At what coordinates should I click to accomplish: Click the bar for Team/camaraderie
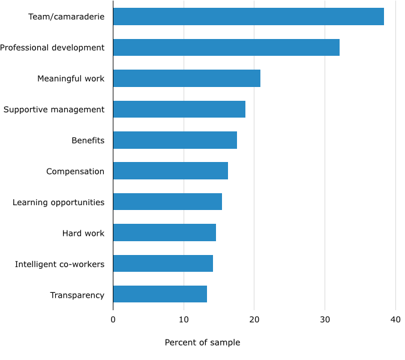coord(248,17)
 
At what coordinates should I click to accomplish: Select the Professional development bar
coord(226,47)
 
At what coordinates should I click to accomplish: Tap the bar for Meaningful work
coord(187,79)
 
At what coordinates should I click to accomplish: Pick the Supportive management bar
coord(179,109)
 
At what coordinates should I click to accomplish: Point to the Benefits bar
coord(175,140)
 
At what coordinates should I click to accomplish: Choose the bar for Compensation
coord(170,171)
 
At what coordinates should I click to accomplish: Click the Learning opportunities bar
coord(167,202)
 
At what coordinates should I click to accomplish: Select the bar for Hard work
coord(164,233)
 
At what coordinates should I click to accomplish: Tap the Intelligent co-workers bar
coord(163,263)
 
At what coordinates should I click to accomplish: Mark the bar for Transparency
coord(160,294)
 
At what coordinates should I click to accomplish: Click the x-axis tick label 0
coord(113,320)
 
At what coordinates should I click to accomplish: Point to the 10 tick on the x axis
coord(184,320)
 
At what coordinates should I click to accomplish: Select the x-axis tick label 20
coord(254,320)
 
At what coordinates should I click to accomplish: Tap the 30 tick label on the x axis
coord(325,320)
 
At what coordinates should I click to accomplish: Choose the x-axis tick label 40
coord(395,320)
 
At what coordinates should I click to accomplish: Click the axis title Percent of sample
coord(202,343)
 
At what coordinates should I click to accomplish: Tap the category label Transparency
coord(77,295)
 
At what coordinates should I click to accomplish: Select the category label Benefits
coord(88,141)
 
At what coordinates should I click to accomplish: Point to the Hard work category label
coord(83,233)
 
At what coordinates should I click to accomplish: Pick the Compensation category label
coord(75,172)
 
